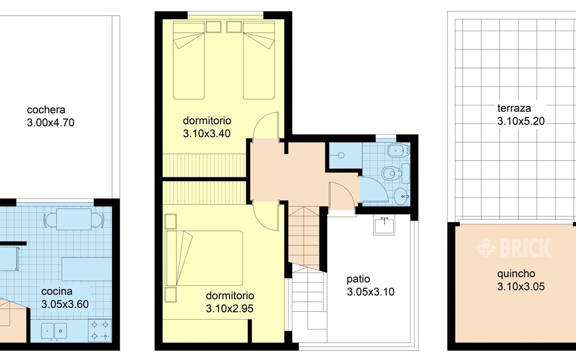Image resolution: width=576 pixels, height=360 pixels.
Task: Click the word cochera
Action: (x=46, y=110)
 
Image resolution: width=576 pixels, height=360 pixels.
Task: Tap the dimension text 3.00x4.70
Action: (x=51, y=123)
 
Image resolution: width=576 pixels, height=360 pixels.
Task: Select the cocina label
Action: (x=57, y=291)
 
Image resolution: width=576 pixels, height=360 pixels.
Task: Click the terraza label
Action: (x=514, y=108)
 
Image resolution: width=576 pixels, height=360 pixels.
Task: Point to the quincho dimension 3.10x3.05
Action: (x=521, y=287)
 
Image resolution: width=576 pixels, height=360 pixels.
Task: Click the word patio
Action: (x=358, y=279)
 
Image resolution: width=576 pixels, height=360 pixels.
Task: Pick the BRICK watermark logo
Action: (x=513, y=247)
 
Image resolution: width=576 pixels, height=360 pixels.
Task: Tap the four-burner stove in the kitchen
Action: (x=100, y=330)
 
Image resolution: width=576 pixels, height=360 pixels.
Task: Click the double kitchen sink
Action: (x=54, y=331)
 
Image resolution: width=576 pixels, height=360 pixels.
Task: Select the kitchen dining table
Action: (x=74, y=219)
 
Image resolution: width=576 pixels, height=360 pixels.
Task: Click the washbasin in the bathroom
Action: (x=401, y=196)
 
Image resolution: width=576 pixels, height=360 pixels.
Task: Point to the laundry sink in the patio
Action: (x=384, y=225)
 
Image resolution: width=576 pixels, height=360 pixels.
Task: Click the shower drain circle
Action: (x=341, y=155)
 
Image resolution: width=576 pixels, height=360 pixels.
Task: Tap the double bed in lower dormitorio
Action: (x=204, y=258)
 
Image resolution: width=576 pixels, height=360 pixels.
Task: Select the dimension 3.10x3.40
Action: (x=207, y=134)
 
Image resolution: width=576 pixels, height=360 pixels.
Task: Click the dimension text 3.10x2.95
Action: (x=229, y=309)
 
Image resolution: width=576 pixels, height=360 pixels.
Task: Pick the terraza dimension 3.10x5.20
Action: (x=521, y=121)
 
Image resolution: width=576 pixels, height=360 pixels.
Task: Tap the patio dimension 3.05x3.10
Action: (x=370, y=292)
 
